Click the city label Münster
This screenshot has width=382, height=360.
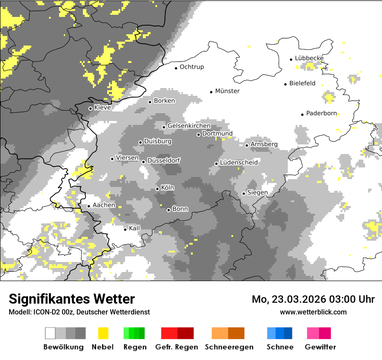227,91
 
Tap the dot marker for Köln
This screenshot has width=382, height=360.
158,189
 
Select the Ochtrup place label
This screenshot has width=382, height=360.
191,67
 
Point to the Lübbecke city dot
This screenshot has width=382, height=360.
291,59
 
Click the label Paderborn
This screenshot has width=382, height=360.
321,114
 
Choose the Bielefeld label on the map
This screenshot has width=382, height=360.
302,84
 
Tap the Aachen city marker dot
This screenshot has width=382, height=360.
89,206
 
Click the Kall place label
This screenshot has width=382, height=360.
135,228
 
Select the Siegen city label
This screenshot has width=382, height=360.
257,193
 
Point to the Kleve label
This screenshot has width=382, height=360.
102,108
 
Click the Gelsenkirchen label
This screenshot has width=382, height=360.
189,126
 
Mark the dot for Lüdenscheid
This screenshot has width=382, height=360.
216,164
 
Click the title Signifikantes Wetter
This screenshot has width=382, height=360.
72,299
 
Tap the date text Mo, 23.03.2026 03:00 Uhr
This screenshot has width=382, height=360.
313,299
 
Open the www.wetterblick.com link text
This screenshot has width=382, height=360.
313,312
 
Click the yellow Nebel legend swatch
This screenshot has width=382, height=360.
103,333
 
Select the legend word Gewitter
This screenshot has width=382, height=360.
320,347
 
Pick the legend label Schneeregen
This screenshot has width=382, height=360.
229,347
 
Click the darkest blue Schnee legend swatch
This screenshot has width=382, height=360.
288,333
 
